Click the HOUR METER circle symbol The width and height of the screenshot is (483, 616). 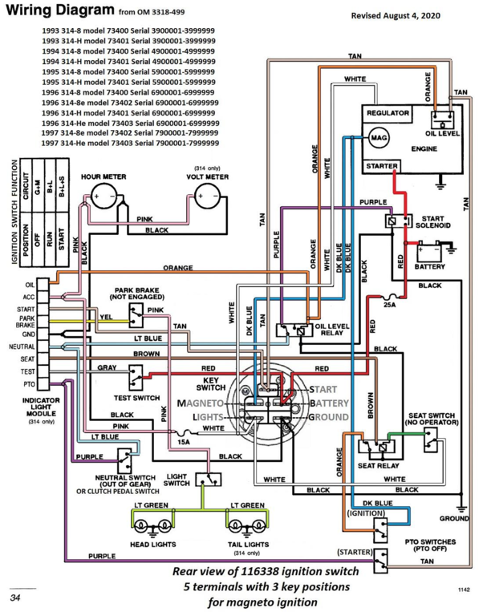coord(103,196)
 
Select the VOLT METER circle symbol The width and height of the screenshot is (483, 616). coord(208,196)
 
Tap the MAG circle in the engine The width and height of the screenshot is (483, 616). coord(377,138)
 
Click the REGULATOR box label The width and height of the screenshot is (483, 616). coord(388,114)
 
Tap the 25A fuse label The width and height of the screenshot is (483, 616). coord(391,306)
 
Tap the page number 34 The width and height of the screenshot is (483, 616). coord(15,598)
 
